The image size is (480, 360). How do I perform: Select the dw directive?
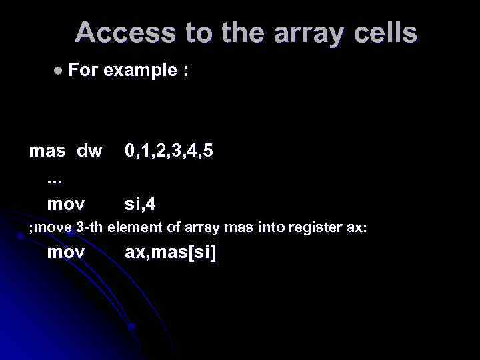coord(89,151)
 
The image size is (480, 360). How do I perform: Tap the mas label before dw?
coord(47,151)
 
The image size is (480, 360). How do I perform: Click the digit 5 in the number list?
coord(208,151)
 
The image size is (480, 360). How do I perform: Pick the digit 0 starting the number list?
coord(131,151)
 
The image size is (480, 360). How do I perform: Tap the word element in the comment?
coord(133,227)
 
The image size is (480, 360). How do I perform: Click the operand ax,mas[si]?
coord(171,253)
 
